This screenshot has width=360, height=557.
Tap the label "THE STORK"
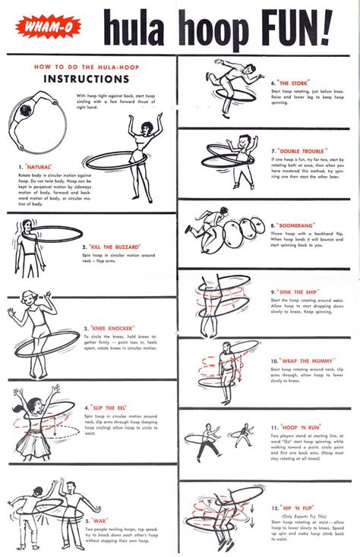click(x=292, y=83)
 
